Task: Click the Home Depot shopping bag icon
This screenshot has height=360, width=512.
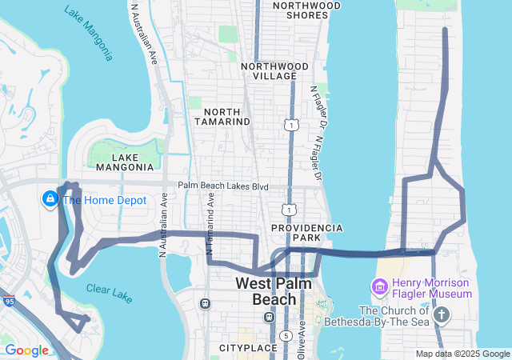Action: pyautogui.click(x=50, y=197)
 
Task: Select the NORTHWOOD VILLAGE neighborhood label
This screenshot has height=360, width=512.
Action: pyautogui.click(x=274, y=70)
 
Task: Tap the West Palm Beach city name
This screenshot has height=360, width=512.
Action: pyautogui.click(x=268, y=291)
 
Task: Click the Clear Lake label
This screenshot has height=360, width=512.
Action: pyautogui.click(x=110, y=293)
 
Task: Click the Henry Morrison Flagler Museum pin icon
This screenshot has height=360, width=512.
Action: pyautogui.click(x=379, y=286)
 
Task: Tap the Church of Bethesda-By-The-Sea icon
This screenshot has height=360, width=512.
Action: pyautogui.click(x=441, y=313)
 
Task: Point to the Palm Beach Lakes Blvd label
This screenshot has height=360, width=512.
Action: pyautogui.click(x=223, y=186)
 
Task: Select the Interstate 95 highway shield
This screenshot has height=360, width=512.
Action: pyautogui.click(x=9, y=302)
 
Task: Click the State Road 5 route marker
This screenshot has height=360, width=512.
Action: pyautogui.click(x=286, y=335)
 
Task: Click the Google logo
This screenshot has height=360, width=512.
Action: pyautogui.click(x=27, y=350)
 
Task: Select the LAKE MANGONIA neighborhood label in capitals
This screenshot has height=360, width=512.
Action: pyautogui.click(x=125, y=162)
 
